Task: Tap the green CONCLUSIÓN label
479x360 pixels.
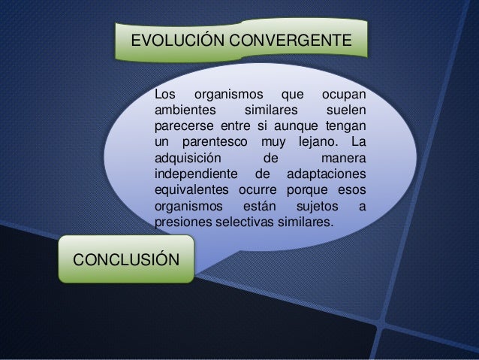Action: (125, 259)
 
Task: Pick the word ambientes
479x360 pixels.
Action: (184, 110)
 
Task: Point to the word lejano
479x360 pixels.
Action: (313, 143)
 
